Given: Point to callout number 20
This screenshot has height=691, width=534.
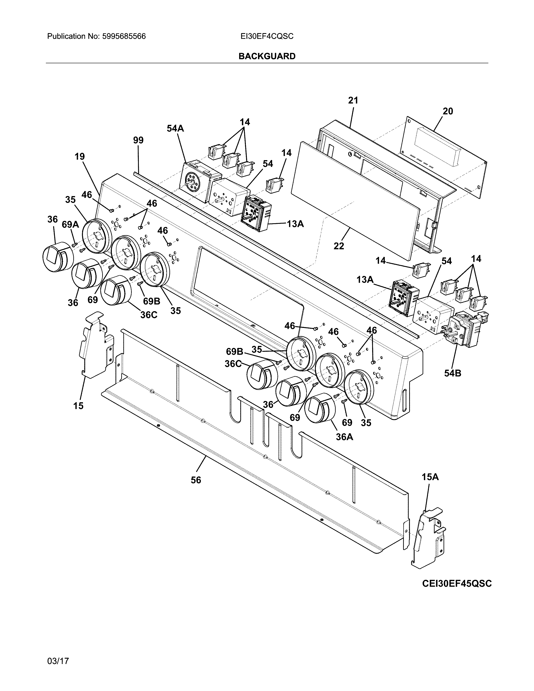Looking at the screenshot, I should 448,111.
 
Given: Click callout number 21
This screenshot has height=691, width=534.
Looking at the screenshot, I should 353,101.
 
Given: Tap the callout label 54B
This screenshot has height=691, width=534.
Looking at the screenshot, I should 452,373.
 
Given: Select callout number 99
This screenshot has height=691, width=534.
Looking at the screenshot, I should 138,140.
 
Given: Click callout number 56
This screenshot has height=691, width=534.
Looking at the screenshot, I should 196,480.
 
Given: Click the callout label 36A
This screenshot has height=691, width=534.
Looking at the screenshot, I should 344,437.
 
